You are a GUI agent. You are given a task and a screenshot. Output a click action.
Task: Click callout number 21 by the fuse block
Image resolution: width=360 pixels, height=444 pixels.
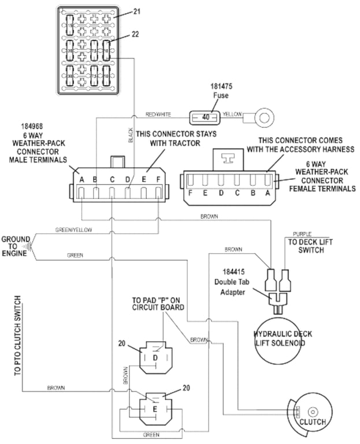(x=137, y=12)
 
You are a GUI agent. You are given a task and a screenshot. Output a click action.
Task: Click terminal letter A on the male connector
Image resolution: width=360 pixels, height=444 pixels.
(x=82, y=179)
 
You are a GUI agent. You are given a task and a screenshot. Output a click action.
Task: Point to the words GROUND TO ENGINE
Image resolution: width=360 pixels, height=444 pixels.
(x=16, y=246)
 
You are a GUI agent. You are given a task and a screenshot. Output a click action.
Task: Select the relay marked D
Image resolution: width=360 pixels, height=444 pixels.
(x=155, y=358)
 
